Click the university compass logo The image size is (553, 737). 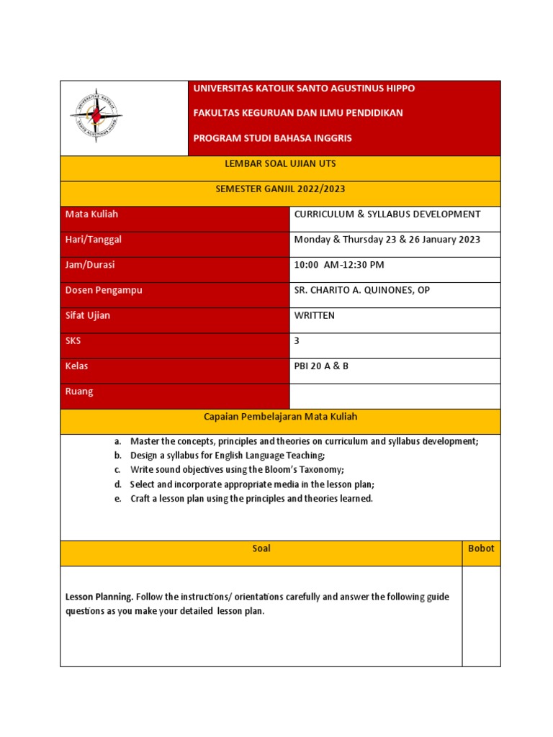(96, 115)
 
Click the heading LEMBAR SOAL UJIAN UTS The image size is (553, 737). (280, 164)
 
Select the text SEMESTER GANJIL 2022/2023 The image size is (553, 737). (280, 189)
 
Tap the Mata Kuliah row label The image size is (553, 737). (91, 214)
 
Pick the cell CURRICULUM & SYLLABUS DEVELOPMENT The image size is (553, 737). (387, 214)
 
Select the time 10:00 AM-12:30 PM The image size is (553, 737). (339, 265)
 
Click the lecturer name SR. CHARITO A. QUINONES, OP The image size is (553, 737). (362, 290)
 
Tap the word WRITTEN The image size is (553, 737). (315, 316)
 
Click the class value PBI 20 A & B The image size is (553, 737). (321, 366)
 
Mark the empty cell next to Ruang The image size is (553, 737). (395, 396)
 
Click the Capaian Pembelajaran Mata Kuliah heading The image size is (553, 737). (280, 417)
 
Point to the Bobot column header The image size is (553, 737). (481, 548)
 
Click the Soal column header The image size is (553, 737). (261, 548)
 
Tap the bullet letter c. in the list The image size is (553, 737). (117, 470)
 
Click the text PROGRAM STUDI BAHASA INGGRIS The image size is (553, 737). (273, 137)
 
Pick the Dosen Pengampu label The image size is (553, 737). (104, 290)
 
